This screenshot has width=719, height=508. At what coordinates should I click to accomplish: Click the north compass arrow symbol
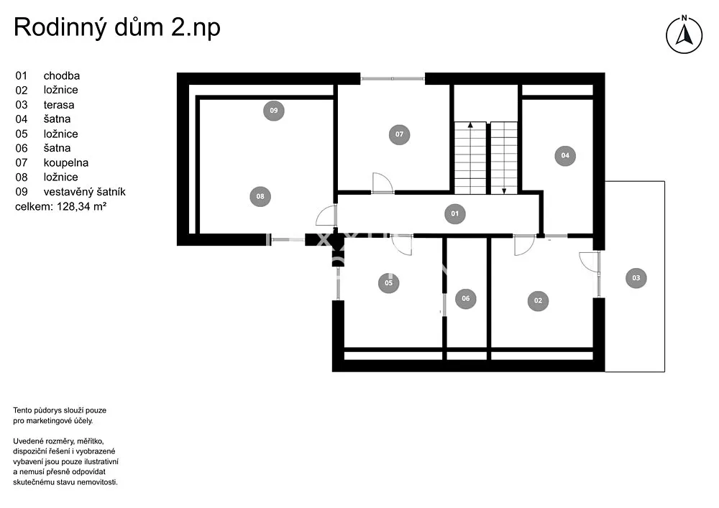(x=684, y=35)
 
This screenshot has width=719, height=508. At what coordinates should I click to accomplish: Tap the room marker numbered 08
(x=260, y=196)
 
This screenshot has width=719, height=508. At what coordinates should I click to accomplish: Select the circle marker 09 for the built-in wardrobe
(x=274, y=111)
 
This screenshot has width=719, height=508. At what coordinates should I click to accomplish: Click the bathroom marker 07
(x=399, y=134)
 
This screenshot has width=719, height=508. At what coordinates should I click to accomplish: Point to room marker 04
(x=565, y=155)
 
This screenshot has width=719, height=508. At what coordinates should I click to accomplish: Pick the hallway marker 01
(x=455, y=213)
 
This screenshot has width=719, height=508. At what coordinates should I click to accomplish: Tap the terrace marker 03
(x=636, y=277)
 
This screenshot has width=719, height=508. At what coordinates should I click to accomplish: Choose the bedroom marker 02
(x=538, y=300)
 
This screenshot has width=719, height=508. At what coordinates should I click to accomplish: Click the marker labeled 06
(x=465, y=298)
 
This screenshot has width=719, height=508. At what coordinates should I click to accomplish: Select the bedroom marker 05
(x=389, y=282)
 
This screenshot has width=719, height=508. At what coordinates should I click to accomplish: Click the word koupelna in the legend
(x=66, y=162)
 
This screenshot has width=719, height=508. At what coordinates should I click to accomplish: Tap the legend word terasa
(x=59, y=105)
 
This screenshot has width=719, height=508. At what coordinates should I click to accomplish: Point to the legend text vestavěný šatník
(x=84, y=191)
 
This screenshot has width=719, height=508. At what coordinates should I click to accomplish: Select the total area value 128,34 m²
(x=82, y=206)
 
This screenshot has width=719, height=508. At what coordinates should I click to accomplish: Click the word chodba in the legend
(x=61, y=75)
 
